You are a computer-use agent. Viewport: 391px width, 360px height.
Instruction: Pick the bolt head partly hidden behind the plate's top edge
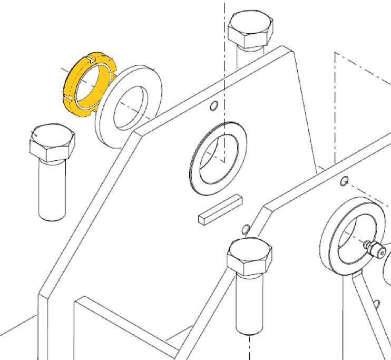[251, 30]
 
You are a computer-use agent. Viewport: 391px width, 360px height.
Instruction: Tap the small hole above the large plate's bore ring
[213, 106]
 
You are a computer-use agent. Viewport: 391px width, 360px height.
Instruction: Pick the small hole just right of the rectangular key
[245, 229]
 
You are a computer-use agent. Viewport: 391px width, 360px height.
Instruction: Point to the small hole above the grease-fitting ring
[344, 182]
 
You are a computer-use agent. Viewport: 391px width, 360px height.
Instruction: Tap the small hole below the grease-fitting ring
[377, 304]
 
